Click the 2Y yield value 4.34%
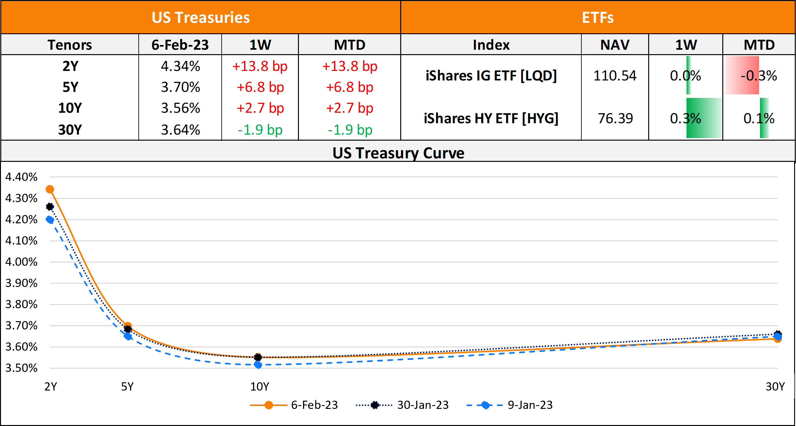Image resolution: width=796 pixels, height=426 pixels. [180, 67]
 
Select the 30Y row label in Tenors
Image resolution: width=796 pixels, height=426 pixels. [70, 130]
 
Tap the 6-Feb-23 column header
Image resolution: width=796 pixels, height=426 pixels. [180, 45]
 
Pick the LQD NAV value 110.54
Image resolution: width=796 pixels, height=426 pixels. [615, 76]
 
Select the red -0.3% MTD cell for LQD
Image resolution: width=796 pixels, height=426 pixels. [759, 76]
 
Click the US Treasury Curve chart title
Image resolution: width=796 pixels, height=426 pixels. [398, 153]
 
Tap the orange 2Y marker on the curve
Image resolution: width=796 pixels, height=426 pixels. [50, 189]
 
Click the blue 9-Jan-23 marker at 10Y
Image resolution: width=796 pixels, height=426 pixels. [258, 365]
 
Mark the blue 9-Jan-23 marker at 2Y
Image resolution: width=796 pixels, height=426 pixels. [50, 219]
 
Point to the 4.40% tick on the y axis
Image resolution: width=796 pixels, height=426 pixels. [21, 177]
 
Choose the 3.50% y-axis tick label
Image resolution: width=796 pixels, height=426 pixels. [21, 368]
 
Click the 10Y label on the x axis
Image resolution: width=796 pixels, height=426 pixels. [260, 387]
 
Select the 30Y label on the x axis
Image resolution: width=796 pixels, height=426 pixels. [775, 387]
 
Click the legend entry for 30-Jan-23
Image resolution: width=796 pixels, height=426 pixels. [423, 405]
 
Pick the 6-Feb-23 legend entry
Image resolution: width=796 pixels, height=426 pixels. [314, 405]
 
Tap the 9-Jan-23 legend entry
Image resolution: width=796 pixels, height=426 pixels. [530, 405]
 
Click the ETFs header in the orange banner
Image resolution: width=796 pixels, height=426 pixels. [597, 18]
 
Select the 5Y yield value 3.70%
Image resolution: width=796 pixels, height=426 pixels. [180, 87]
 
